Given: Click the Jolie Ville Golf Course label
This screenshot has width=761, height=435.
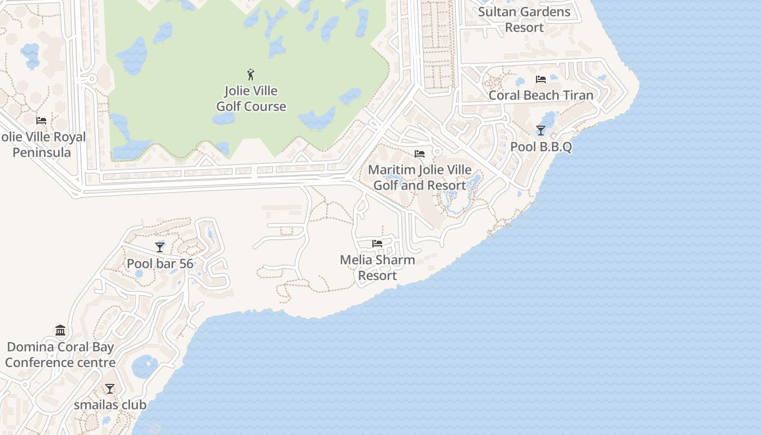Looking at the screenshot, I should [251, 98].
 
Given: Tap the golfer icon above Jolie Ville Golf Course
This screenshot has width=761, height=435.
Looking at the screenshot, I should [251, 74].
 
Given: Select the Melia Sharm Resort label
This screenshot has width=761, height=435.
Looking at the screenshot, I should [377, 268].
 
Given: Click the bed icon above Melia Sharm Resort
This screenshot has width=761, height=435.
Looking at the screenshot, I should [377, 244].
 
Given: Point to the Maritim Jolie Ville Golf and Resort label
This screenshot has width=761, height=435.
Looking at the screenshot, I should [420, 177].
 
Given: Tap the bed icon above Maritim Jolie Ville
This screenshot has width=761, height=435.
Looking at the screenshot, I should [420, 154].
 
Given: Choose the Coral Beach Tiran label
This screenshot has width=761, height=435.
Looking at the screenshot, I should [541, 95].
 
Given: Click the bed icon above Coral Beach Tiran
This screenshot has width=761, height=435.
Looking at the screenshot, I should [541, 79].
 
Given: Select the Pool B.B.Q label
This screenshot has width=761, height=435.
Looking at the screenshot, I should [541, 147].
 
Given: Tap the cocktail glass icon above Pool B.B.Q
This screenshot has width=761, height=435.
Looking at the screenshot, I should [541, 130].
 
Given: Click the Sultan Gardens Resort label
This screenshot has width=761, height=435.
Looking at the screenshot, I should [525, 20].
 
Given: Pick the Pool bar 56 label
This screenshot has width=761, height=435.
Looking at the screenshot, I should [160, 264].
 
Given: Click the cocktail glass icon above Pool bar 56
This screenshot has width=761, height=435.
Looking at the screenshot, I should [160, 247].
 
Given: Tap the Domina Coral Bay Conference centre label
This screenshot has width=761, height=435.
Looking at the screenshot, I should [60, 355].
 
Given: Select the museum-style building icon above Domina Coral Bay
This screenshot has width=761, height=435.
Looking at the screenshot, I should [60, 331].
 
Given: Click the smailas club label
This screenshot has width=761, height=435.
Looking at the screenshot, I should [110, 405].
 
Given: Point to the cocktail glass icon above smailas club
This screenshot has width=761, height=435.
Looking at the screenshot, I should [110, 389].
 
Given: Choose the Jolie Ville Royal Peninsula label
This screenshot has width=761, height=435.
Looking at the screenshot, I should [42, 145].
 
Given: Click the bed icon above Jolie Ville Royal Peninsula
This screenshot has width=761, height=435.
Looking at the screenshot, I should [41, 121].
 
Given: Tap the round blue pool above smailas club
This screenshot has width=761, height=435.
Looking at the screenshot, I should [145, 367].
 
